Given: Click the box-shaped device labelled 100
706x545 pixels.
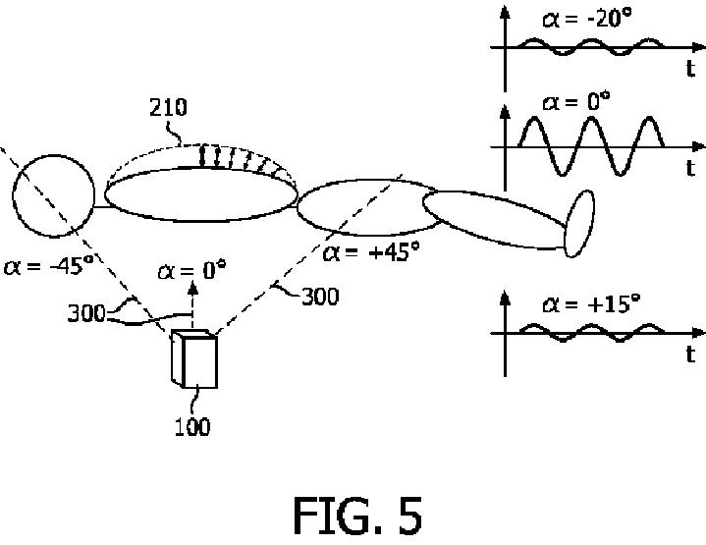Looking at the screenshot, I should [x=194, y=359].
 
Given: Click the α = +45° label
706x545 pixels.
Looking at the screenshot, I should [x=371, y=251].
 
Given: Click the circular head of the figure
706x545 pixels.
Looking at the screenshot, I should [x=53, y=195].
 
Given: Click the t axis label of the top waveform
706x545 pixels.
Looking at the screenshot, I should [x=691, y=69].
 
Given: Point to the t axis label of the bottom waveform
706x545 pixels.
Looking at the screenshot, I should [x=691, y=354].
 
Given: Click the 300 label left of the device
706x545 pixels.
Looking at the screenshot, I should [x=87, y=314].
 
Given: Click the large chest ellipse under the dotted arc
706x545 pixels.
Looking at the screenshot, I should [x=200, y=191].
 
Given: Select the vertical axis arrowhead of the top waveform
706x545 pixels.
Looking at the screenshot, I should [x=505, y=12].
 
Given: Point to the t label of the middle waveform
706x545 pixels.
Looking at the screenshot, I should [x=691, y=167].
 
